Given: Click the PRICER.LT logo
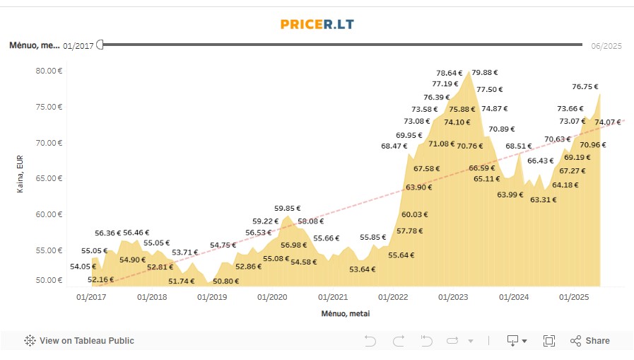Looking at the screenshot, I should pyautogui.click(x=317, y=24).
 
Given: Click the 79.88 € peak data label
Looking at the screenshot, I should pyautogui.click(x=485, y=72).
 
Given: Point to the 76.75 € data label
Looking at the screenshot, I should pyautogui.click(x=585, y=87).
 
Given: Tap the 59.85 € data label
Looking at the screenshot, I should pyautogui.click(x=288, y=209).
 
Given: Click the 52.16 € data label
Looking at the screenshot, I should pyautogui.click(x=101, y=279).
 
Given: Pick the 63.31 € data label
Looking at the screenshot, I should pyautogui.click(x=543, y=199).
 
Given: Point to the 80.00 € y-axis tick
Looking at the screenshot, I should pyautogui.click(x=49, y=71).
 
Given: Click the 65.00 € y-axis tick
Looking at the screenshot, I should pyautogui.click(x=49, y=178).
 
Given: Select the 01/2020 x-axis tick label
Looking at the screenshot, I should pyautogui.click(x=272, y=297).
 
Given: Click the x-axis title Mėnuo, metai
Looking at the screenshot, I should pyautogui.click(x=345, y=313).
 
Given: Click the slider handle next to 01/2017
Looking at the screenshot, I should pyautogui.click(x=100, y=45).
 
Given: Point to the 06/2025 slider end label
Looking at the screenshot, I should pyautogui.click(x=606, y=46).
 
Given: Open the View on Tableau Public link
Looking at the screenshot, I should pyautogui.click(x=79, y=341).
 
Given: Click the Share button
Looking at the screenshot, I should pyautogui.click(x=590, y=341).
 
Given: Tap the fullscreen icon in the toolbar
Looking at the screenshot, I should pyautogui.click(x=549, y=341).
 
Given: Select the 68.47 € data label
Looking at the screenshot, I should pyautogui.click(x=394, y=146).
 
